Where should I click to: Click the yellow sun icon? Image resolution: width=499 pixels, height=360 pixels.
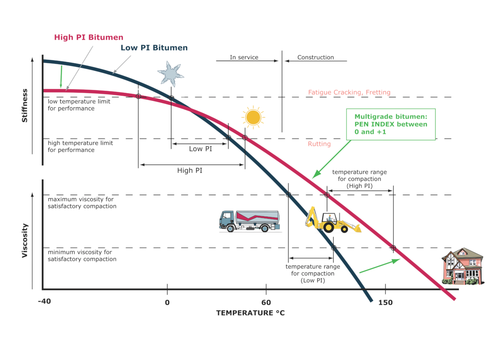point(253,118)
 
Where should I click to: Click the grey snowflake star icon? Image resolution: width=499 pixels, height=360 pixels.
point(170,74)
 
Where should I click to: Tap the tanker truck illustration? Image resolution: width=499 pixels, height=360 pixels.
point(249,220)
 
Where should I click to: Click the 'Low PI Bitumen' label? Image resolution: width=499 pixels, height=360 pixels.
point(154,48)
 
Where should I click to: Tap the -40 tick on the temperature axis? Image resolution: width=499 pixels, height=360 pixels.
point(44,302)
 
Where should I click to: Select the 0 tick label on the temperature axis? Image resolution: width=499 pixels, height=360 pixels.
point(167,302)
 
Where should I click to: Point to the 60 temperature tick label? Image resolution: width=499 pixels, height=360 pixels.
point(266,302)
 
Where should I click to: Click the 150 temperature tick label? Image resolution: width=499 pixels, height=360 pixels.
point(385,302)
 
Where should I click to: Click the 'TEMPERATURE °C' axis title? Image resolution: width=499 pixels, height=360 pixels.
point(250,313)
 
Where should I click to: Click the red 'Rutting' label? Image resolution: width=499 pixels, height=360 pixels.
point(319,144)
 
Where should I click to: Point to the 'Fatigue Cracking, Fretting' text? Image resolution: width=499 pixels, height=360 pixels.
point(349,92)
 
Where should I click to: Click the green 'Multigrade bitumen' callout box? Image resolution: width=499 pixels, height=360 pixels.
point(391,124)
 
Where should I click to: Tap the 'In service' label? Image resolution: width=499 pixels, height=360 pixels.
point(244,57)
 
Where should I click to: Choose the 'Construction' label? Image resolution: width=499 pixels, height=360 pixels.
point(315,57)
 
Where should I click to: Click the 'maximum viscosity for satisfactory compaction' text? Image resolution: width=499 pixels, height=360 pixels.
point(82,202)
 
